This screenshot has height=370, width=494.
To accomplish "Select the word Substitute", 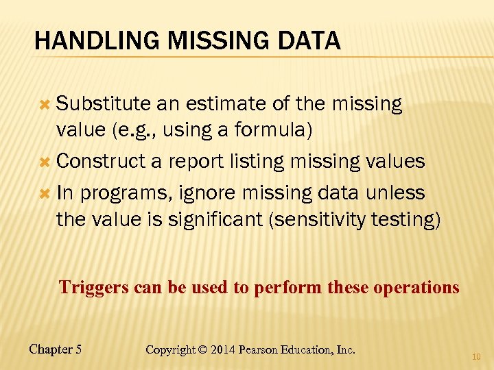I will (x=103, y=104).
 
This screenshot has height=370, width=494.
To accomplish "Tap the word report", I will (x=197, y=162).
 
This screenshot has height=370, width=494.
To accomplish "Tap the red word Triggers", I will (x=93, y=287).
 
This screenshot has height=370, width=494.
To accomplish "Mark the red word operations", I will (x=416, y=287).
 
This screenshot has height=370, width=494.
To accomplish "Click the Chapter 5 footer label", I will (x=56, y=349).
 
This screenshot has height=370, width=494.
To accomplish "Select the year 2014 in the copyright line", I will (x=222, y=349).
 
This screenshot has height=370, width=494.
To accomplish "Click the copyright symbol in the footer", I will (x=202, y=349).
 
